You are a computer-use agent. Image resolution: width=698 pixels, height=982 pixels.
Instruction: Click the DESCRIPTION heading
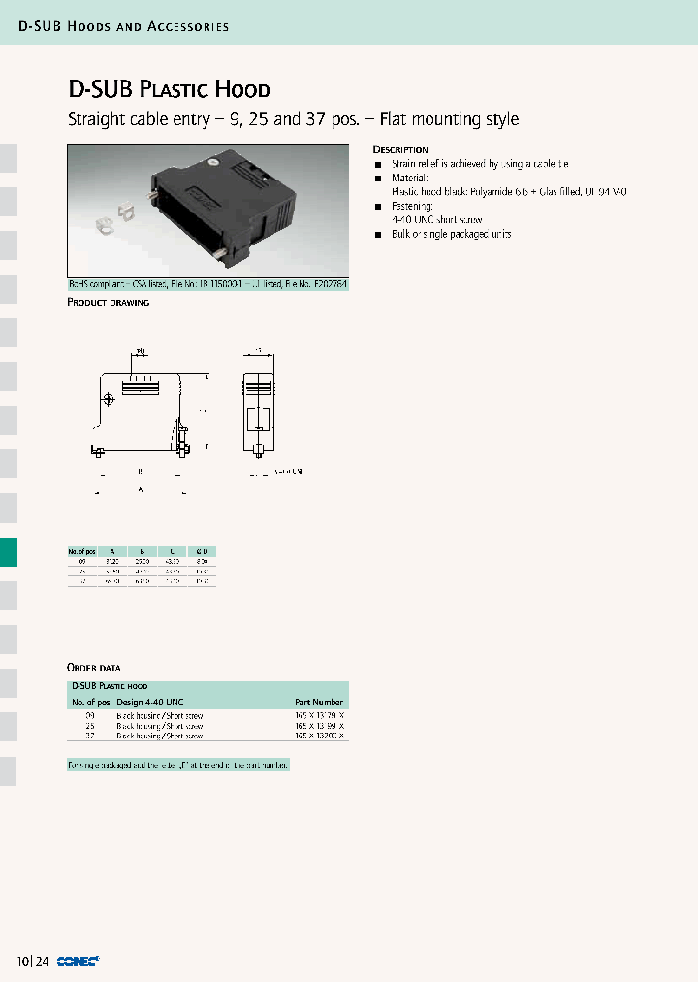[x=400, y=150]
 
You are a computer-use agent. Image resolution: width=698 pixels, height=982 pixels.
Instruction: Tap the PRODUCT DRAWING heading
[x=108, y=303]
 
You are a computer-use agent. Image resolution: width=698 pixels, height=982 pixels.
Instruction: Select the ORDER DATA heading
[x=94, y=668]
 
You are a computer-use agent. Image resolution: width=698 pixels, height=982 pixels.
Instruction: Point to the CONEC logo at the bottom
[x=75, y=962]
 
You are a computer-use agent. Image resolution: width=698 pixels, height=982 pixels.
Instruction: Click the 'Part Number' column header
[x=319, y=702]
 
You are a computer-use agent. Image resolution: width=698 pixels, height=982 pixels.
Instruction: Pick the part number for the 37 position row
[x=319, y=736]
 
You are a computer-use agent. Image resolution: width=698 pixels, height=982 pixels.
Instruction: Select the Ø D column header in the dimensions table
[x=202, y=551]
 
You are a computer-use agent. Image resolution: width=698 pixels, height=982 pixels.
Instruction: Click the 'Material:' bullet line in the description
[x=410, y=179]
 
